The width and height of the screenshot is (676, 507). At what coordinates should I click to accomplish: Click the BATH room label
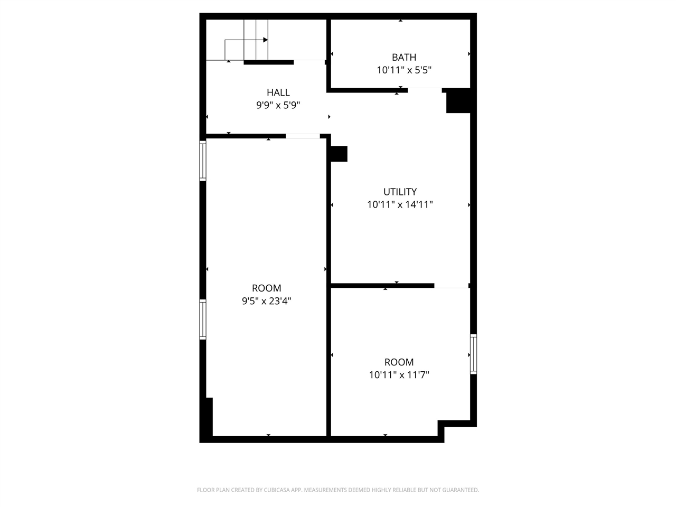point(403,57)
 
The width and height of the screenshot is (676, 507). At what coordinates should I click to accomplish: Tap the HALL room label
point(278,92)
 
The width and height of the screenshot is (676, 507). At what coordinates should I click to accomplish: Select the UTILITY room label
point(400,192)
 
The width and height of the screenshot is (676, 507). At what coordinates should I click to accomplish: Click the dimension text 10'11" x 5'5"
point(404,70)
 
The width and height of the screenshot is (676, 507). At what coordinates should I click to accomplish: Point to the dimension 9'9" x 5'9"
point(278,105)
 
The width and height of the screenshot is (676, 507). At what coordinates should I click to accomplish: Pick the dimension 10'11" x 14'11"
point(400,204)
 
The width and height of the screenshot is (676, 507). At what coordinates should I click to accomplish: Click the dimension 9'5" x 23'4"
point(266,301)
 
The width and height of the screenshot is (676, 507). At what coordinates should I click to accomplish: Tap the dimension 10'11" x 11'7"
point(399,375)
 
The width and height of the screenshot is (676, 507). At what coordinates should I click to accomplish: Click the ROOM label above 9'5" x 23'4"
point(266,288)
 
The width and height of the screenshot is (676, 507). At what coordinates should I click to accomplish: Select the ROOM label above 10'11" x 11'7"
point(399,362)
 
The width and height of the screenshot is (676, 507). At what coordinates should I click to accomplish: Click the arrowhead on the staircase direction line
point(266,40)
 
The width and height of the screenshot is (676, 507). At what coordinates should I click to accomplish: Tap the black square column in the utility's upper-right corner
point(458,101)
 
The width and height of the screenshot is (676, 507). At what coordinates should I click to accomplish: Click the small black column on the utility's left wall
point(339,154)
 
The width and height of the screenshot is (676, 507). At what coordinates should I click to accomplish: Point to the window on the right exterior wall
point(474,354)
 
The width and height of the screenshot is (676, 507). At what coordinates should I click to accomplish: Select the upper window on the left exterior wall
point(203,161)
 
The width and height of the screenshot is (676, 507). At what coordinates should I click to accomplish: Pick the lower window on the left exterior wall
point(203,319)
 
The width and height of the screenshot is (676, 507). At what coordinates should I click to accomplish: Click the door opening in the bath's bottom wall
point(425,89)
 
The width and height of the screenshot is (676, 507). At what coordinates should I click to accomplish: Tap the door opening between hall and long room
point(303,136)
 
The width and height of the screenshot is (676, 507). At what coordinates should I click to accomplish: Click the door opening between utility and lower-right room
point(451,286)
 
